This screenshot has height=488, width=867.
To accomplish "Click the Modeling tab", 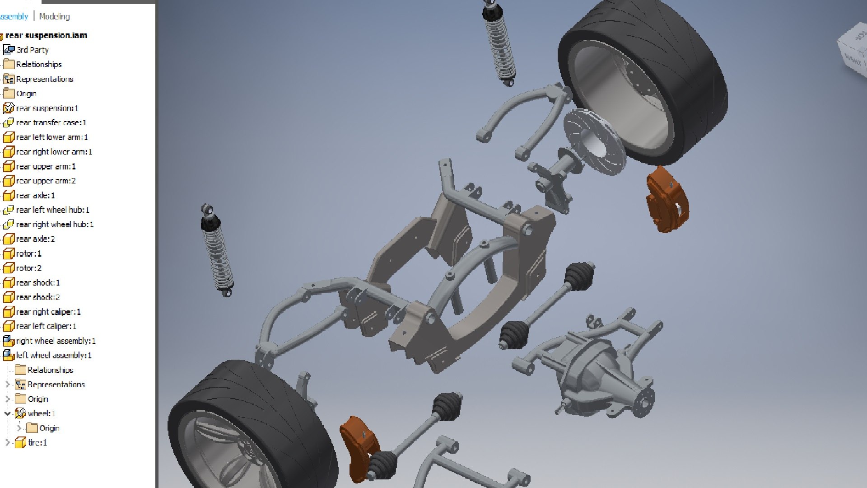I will click(x=54, y=17).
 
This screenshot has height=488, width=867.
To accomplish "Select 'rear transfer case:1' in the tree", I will click(x=51, y=122).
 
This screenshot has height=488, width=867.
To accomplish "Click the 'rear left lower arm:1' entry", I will click(x=51, y=137).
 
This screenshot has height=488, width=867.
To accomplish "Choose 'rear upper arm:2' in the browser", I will click(x=46, y=181).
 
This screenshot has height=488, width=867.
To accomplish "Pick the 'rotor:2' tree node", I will click(x=28, y=268).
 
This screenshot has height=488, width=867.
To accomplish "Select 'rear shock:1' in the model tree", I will click(x=38, y=282).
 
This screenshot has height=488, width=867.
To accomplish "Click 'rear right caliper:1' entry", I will click(x=48, y=312).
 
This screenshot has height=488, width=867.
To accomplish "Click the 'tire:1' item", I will click(x=37, y=442).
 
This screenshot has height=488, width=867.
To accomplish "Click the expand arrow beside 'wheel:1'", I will click(x=7, y=413).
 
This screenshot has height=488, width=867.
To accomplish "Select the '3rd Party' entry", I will click(x=32, y=50).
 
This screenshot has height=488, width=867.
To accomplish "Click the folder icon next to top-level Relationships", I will click(x=9, y=64).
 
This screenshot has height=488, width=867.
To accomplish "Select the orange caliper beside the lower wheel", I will click(x=358, y=447).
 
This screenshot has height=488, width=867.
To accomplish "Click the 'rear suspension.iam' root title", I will click(x=46, y=35).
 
